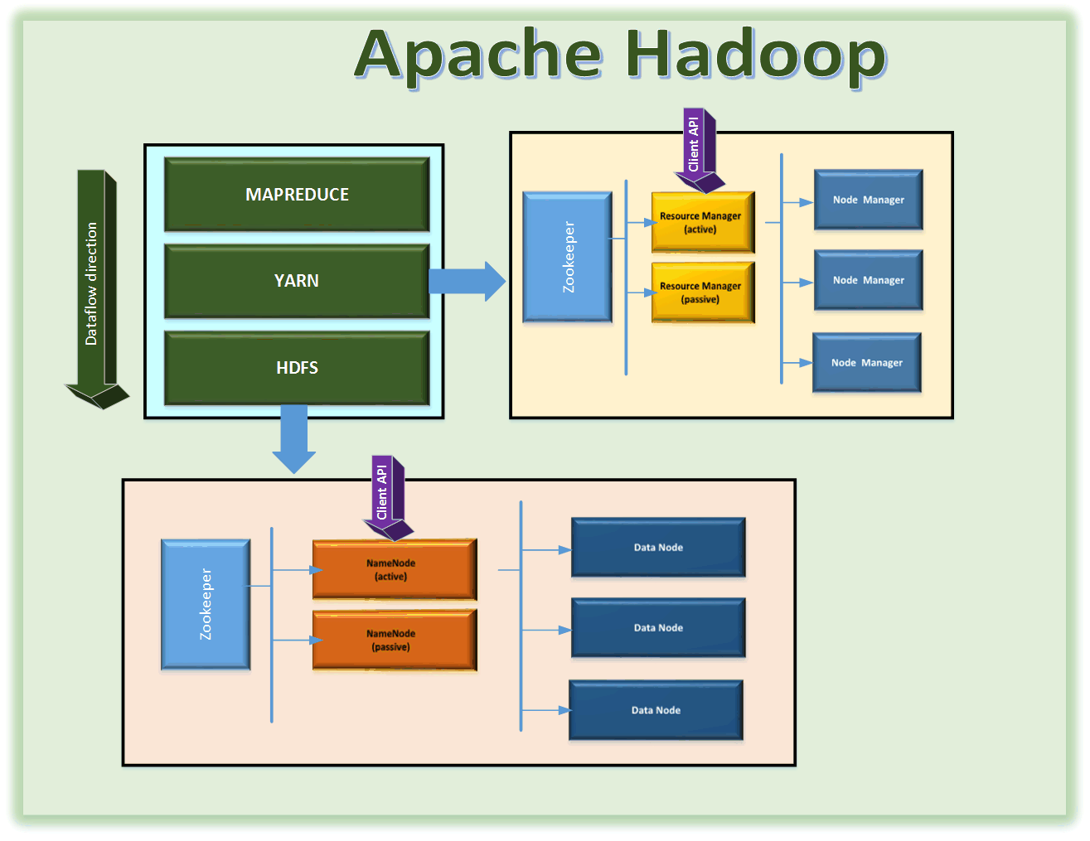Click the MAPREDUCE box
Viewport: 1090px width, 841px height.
(297, 195)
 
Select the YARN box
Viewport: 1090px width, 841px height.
(297, 281)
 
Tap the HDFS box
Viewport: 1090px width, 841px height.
(297, 368)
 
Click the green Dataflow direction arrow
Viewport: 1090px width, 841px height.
(97, 289)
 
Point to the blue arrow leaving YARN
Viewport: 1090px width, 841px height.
(467, 282)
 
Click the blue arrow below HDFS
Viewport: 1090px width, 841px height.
(294, 439)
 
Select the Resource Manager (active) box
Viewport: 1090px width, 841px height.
(703, 222)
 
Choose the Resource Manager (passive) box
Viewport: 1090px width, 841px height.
(703, 292)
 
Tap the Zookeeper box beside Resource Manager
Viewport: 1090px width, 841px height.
(567, 257)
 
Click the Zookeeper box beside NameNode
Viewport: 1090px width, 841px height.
(206, 604)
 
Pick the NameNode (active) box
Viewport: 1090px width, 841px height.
(395, 569)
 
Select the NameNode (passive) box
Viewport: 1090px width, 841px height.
(395, 640)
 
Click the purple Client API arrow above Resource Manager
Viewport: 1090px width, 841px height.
(700, 150)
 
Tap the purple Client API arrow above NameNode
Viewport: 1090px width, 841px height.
(388, 498)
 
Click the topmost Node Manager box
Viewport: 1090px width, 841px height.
(869, 200)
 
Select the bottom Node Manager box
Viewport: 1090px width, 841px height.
(867, 362)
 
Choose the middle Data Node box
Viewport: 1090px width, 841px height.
(659, 627)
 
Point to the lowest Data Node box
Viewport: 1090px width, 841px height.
(656, 710)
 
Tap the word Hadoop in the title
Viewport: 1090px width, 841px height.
(757, 56)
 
